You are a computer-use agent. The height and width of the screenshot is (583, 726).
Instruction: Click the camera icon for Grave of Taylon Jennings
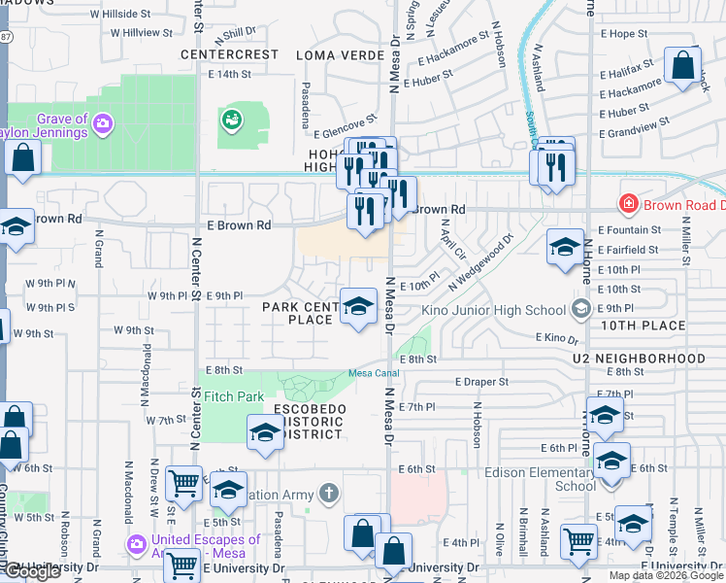pos(103,123)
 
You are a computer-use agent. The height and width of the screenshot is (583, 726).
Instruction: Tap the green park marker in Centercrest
pos(232,120)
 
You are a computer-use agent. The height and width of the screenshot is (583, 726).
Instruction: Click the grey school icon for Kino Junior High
pos(580,310)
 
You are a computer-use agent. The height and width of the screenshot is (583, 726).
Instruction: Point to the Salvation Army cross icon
pos(329,495)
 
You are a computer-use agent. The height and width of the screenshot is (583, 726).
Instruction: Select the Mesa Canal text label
pos(376,375)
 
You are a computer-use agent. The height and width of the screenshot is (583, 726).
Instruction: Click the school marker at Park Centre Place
pos(358,306)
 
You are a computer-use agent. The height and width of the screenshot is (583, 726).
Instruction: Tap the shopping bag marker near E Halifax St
pos(683,66)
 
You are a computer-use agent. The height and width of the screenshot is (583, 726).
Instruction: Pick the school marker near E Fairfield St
pos(565,247)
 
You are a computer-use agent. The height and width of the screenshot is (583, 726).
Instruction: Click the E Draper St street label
pos(480,382)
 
